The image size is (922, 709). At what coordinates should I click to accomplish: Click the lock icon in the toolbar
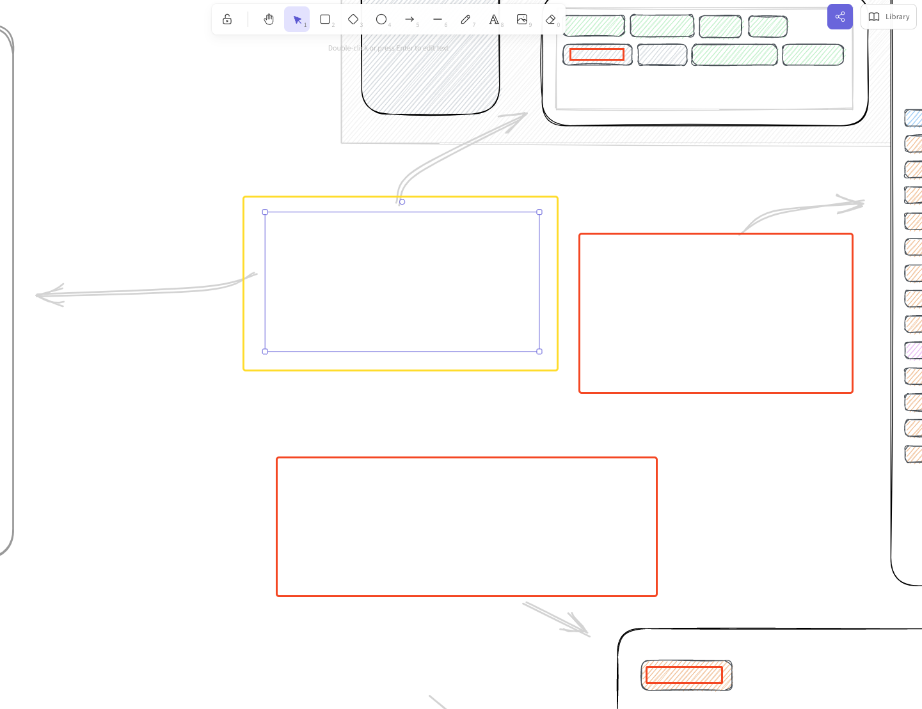pyautogui.click(x=227, y=19)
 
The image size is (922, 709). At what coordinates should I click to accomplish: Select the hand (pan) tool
pyautogui.click(x=269, y=19)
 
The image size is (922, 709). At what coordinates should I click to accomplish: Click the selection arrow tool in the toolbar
pyautogui.click(x=297, y=19)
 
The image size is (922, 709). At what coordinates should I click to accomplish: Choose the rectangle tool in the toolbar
pyautogui.click(x=325, y=19)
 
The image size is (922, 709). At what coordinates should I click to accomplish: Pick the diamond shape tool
pyautogui.click(x=353, y=19)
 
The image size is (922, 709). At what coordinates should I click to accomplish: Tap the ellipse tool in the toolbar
pyautogui.click(x=381, y=19)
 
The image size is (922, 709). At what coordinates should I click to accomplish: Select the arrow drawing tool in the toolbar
pyautogui.click(x=409, y=19)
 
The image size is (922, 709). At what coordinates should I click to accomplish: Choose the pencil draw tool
pyautogui.click(x=466, y=19)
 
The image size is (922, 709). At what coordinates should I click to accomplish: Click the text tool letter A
pyautogui.click(x=494, y=19)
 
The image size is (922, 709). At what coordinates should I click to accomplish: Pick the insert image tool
pyautogui.click(x=522, y=19)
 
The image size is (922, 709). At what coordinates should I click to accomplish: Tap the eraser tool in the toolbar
pyautogui.click(x=550, y=19)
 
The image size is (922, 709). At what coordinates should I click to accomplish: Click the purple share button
pyautogui.click(x=840, y=17)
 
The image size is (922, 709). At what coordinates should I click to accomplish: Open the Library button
pyautogui.click(x=889, y=17)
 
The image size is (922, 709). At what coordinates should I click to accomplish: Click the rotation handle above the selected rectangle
pyautogui.click(x=402, y=202)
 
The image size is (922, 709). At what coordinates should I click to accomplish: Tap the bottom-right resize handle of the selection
pyautogui.click(x=539, y=352)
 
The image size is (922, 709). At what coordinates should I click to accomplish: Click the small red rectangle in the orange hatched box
pyautogui.click(x=684, y=675)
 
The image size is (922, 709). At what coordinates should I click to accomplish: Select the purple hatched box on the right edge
pyautogui.click(x=914, y=350)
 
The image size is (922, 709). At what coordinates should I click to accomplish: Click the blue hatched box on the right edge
pyautogui.click(x=914, y=118)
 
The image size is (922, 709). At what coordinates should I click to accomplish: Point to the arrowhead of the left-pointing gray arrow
pyautogui.click(x=38, y=295)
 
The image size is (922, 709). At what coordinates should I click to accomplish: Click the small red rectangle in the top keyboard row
pyautogui.click(x=597, y=54)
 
